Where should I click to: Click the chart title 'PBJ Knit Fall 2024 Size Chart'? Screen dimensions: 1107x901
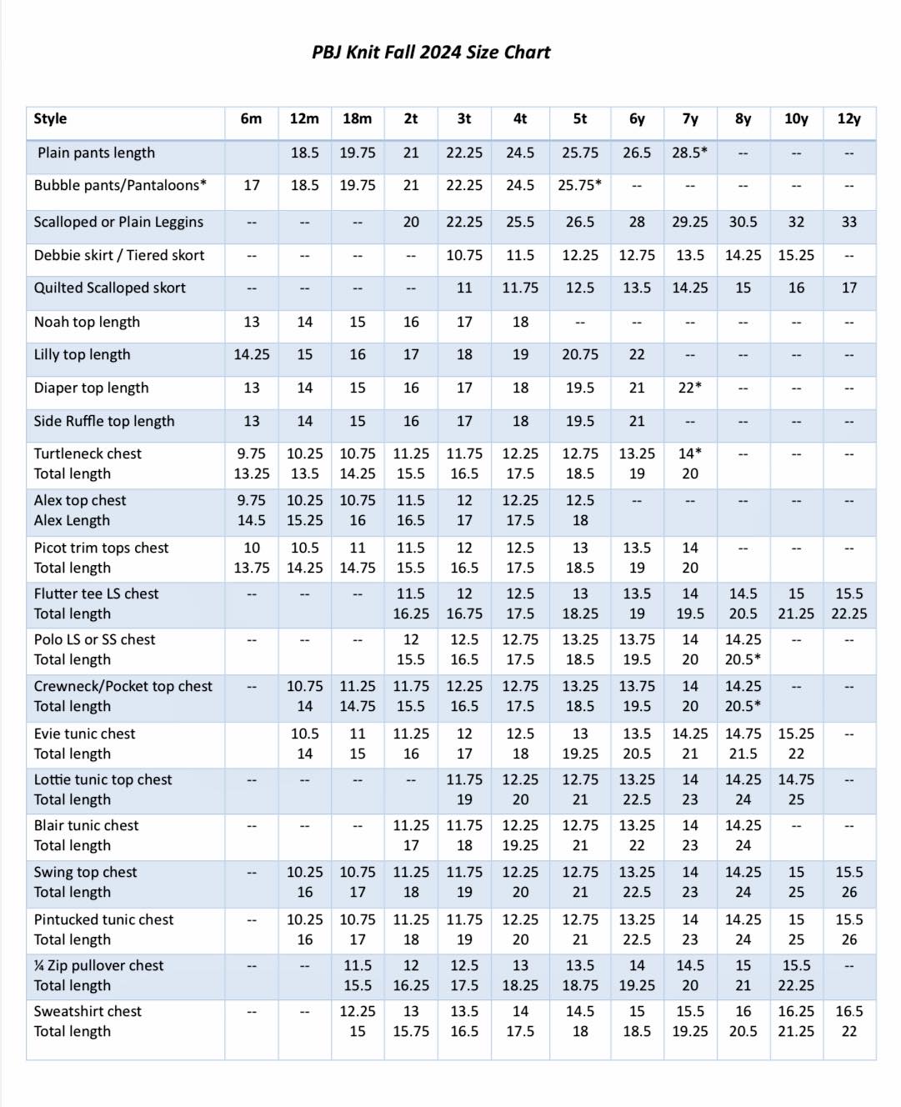tap(431, 53)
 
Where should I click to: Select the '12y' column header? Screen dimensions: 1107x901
tap(848, 118)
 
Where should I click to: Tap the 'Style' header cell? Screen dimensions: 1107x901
tap(50, 118)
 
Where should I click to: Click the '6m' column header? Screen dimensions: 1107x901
tap(251, 118)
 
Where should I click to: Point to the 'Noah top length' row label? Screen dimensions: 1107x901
tap(87, 322)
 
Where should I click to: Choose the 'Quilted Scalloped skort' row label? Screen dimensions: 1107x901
tap(109, 288)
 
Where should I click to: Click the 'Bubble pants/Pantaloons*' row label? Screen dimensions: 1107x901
tap(120, 185)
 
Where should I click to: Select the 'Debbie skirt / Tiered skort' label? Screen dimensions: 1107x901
tap(119, 255)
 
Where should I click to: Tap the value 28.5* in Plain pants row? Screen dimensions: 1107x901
tap(690, 153)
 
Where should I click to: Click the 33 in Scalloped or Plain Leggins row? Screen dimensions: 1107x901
tap(848, 222)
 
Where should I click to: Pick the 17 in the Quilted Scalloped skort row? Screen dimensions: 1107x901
tap(848, 288)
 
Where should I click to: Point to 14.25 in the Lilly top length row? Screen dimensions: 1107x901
tap(251, 354)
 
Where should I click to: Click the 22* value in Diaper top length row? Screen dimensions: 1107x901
tap(690, 388)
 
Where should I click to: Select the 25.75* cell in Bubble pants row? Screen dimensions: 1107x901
tap(580, 185)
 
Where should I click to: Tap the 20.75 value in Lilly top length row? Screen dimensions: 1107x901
tap(580, 354)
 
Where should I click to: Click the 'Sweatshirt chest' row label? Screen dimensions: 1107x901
tap(88, 1011)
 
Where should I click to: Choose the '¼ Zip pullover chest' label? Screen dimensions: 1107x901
tap(98, 965)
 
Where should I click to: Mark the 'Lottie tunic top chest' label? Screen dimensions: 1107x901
tap(103, 779)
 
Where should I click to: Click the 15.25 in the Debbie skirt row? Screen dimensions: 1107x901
tap(796, 255)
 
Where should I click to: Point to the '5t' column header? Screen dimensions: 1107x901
tap(580, 118)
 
